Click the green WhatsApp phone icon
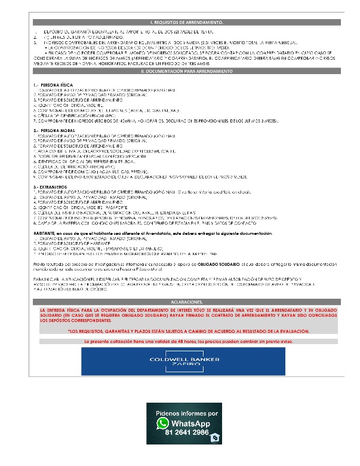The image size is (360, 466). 162,424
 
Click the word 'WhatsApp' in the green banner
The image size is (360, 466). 190,422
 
